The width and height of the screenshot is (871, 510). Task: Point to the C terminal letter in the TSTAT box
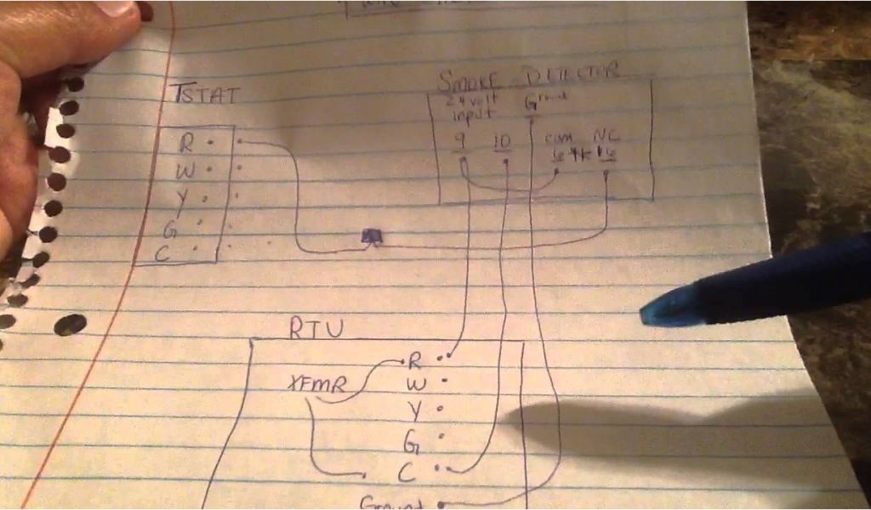pos(165,252)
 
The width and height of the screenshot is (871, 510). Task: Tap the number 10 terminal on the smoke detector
pos(503,142)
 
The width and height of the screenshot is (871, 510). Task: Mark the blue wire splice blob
pos(372,237)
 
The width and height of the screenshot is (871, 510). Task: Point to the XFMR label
pos(316,385)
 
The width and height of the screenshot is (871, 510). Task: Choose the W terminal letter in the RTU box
pos(416,385)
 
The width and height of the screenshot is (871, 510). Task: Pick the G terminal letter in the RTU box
pos(412,442)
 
